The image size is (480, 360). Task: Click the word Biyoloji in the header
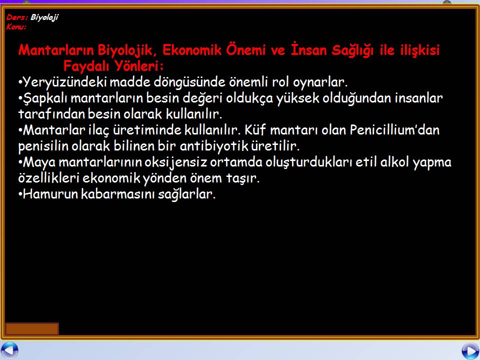(x=44, y=18)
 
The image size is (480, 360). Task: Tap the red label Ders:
(x=17, y=17)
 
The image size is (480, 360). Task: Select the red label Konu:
(x=16, y=27)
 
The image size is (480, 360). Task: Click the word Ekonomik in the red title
(x=192, y=50)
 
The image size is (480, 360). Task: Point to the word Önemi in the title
(x=246, y=49)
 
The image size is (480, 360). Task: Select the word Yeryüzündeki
(x=65, y=82)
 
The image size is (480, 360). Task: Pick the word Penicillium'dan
(x=394, y=130)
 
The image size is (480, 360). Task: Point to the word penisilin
(x=43, y=146)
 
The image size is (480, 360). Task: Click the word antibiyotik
(x=213, y=146)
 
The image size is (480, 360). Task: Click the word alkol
(x=394, y=161)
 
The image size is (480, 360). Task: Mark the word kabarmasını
(x=118, y=194)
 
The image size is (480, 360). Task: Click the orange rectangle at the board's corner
(x=32, y=329)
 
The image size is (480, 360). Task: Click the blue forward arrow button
(x=470, y=351)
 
